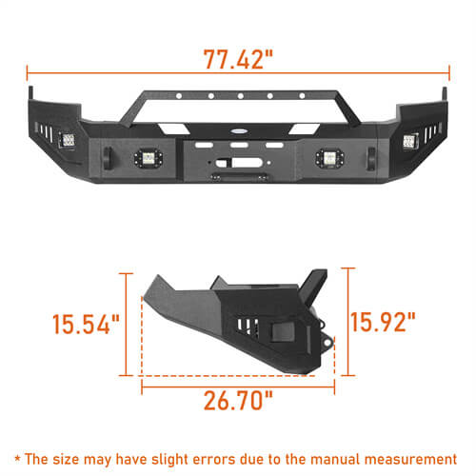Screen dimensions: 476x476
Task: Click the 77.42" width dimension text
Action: click(238, 57)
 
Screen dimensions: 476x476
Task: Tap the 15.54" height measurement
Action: click(86, 325)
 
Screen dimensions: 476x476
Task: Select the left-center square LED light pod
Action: click(149, 156)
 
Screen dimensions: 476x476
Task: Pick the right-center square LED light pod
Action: click(327, 156)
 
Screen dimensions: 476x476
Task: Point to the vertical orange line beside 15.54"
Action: click(128, 324)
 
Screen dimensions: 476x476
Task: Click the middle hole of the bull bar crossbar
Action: click(238, 96)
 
